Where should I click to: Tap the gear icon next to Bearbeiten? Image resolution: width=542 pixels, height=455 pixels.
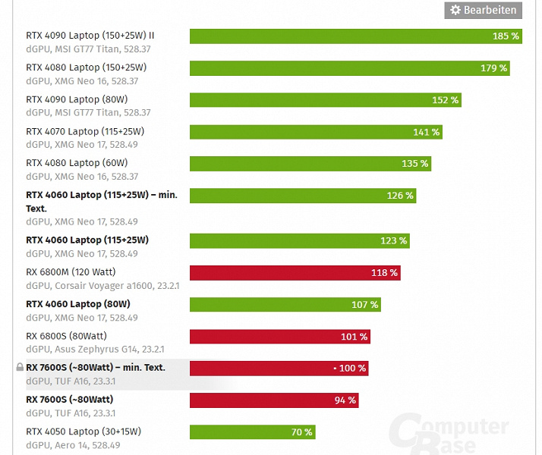455,10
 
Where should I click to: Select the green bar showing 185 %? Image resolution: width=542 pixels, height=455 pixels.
355,36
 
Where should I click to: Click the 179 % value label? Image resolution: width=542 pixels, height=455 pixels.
493,68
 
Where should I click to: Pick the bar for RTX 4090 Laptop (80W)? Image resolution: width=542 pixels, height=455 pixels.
325,100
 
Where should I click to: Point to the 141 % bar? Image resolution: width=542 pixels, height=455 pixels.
315,132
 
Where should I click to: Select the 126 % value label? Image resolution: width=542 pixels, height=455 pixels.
400,196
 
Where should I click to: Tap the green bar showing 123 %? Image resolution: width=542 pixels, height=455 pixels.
299,241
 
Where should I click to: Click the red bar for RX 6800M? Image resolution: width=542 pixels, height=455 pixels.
295,273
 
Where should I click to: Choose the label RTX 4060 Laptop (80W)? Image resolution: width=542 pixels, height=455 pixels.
78,304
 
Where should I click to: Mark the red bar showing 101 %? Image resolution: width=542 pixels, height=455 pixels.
279,337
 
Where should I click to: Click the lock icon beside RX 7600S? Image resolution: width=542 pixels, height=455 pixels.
20,368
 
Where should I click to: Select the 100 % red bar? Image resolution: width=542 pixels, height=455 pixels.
279,369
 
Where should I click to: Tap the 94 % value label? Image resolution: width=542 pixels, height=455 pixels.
345,400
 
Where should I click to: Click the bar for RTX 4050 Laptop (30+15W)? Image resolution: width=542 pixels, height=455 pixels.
252,432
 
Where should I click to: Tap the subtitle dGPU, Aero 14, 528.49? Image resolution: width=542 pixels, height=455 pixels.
73,445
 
